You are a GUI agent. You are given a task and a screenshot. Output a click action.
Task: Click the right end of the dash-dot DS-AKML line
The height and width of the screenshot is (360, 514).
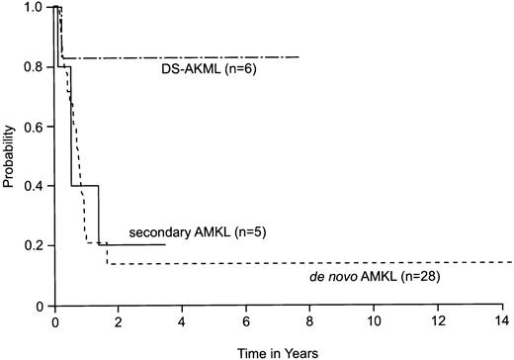tap(300, 57)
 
